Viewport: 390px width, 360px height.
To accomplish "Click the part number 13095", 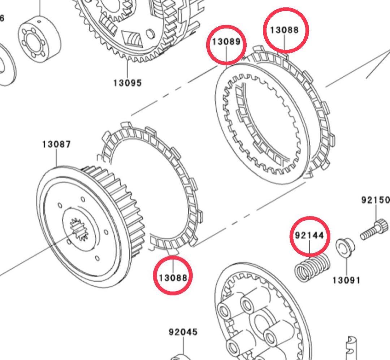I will click(127, 83).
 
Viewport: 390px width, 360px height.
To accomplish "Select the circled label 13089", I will click(226, 42).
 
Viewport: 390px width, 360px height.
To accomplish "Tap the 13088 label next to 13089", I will click(285, 30).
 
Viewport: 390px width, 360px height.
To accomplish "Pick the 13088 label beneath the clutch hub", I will click(173, 277).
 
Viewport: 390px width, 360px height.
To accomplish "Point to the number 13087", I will click(56, 144).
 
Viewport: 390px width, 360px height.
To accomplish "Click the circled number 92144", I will click(310, 235).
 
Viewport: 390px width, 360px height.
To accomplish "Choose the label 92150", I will click(376, 200).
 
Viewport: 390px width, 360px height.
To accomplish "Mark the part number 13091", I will click(346, 280).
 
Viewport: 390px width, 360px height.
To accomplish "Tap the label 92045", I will click(183, 331).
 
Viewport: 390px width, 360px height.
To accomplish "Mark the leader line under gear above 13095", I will click(127, 69).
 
